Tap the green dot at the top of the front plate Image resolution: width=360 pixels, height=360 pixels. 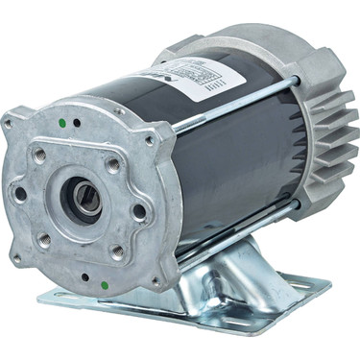click(x=61, y=123)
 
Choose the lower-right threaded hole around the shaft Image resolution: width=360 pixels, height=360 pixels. click(x=117, y=252)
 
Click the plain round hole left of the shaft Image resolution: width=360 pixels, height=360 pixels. click(x=20, y=192)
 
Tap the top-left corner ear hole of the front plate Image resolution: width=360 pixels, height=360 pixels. click(x=9, y=123)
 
